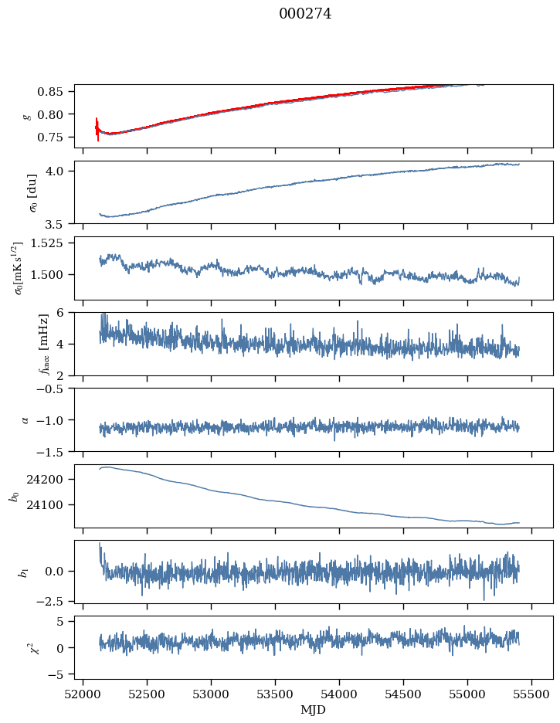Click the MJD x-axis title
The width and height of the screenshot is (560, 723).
pos(314,709)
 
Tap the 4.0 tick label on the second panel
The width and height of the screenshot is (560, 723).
pos(61,171)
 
